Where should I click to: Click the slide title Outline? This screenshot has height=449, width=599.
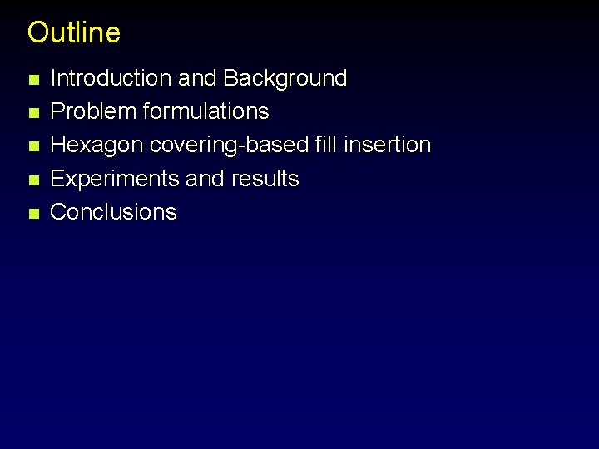click(74, 32)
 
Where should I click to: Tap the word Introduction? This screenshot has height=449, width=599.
click(111, 78)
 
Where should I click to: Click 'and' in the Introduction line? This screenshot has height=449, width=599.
click(198, 78)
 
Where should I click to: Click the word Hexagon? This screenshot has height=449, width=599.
click(97, 145)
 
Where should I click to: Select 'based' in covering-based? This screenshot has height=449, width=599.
click(282, 145)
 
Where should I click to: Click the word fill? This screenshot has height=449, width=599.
click(326, 145)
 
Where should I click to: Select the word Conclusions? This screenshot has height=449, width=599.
click(114, 211)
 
